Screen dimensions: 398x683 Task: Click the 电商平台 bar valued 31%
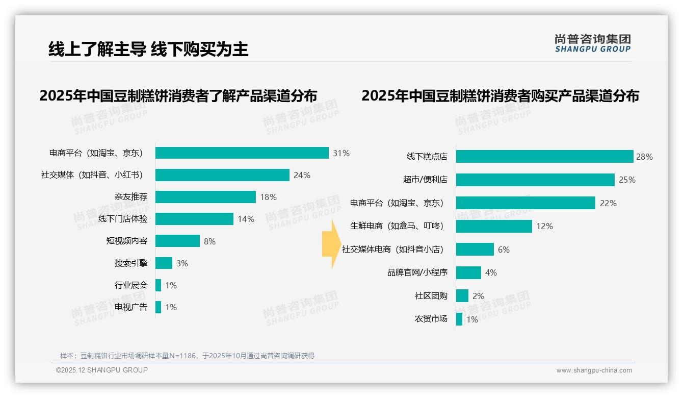[242, 153]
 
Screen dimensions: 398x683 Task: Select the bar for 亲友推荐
[205, 197]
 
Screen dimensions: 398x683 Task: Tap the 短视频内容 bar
[177, 241]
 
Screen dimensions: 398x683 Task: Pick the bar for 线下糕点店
[544, 157]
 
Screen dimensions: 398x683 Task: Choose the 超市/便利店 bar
[535, 180]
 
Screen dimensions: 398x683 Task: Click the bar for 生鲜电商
[494, 226]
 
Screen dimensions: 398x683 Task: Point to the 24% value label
[302, 175]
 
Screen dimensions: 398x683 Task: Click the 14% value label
[246, 219]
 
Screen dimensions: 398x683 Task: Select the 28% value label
[644, 157]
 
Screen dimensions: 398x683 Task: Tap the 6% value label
[504, 250]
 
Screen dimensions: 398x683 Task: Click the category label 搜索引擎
[131, 263]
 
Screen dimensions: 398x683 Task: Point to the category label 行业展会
[131, 285]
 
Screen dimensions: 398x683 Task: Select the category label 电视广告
[131, 307]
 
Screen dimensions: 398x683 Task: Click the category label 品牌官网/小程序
[417, 272]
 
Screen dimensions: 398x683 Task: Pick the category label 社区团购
[431, 296]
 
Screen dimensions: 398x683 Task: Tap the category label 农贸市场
[431, 319]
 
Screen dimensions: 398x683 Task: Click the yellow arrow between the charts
[329, 244]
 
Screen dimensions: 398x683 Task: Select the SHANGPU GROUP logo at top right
[592, 43]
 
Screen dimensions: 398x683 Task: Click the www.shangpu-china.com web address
[594, 370]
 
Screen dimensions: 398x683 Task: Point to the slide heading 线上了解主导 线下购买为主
[148, 49]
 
